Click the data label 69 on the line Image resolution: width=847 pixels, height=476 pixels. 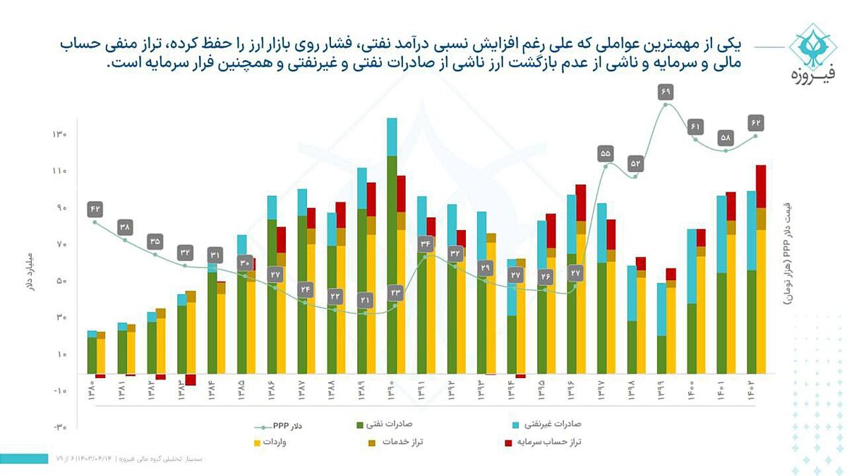666,92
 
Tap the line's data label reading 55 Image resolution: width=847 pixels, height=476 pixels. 605,153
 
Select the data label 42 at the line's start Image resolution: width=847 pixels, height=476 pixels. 95,209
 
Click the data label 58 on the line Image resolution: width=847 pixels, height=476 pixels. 726,138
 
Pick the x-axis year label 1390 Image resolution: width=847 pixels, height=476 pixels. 392,395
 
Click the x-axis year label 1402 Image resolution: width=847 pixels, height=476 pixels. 756,395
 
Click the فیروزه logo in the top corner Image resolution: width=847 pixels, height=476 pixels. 811,52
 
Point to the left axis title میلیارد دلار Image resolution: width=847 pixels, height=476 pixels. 30,272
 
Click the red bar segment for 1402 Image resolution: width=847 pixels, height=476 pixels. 761,186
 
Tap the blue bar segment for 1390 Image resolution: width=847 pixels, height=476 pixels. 392,137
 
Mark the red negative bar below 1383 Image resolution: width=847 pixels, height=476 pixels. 191,379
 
